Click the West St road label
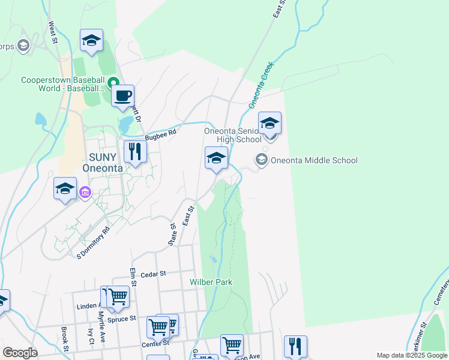[x=53, y=32]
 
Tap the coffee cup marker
[x=122, y=97]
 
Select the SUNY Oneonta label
[x=106, y=163]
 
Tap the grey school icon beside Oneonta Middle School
[x=261, y=160]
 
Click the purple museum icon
[x=85, y=192]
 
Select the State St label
[x=172, y=235]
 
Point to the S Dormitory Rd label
[x=94, y=242]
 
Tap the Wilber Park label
[x=211, y=282]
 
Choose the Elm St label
[x=132, y=277]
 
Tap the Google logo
[x=20, y=353]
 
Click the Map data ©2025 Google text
[x=412, y=355]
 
